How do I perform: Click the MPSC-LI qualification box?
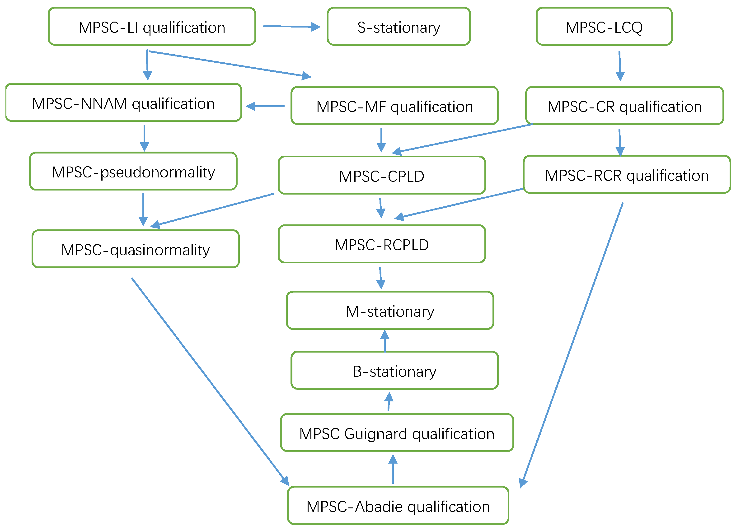(152, 27)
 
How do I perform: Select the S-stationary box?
(398, 27)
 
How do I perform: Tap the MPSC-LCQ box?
(604, 27)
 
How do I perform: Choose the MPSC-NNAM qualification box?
(123, 103)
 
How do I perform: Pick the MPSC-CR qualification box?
(624, 106)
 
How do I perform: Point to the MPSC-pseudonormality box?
(133, 171)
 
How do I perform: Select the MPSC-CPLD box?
(382, 176)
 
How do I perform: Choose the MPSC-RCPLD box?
(382, 244)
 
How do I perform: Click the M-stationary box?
(390, 311)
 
